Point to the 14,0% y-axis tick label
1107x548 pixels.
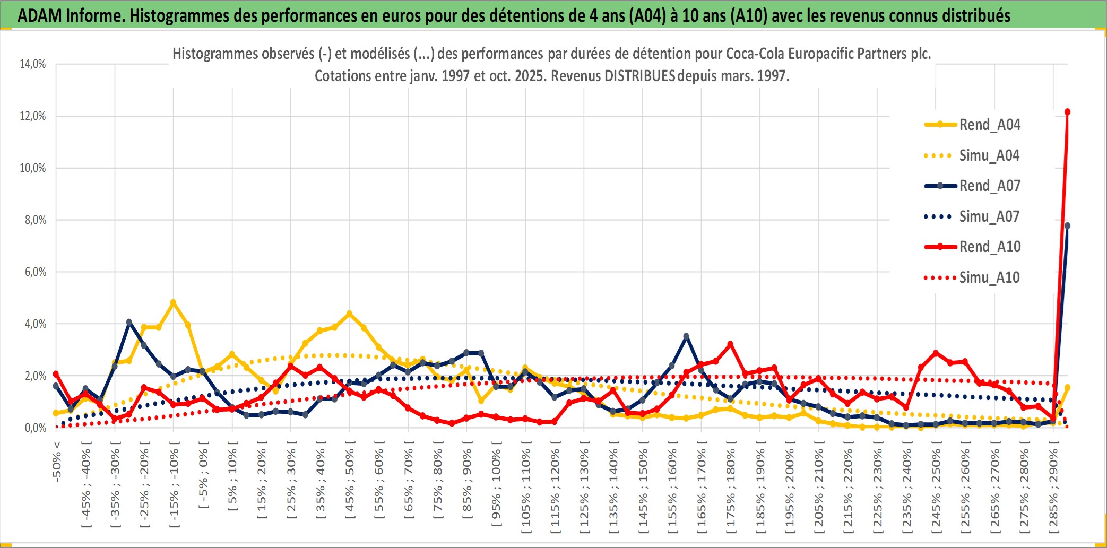(x=33, y=64)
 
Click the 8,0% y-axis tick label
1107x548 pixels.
(x=35, y=220)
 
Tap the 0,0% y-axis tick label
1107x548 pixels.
(x=35, y=428)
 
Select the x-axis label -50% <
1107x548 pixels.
(x=57, y=461)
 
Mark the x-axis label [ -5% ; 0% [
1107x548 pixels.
(x=203, y=475)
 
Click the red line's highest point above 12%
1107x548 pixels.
(x=1067, y=112)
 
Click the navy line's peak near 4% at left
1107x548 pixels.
(x=129, y=322)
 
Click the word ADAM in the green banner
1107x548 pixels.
(x=40, y=16)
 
